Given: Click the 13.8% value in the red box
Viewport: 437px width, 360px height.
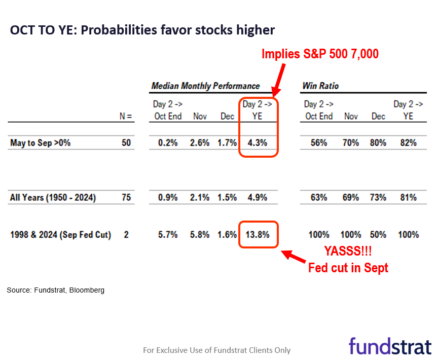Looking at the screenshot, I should tap(258, 235).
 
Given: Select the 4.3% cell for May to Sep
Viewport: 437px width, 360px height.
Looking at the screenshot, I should tap(257, 143).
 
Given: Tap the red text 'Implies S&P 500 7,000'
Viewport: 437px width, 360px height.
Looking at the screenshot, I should tap(320, 54).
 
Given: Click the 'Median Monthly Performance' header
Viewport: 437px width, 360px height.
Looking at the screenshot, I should tap(205, 86).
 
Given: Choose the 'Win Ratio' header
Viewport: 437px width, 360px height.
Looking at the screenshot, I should tap(320, 86).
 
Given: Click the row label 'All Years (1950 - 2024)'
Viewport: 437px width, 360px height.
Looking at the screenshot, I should tap(53, 197).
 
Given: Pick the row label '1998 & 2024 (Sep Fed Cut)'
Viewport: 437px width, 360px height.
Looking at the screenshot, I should tap(60, 235).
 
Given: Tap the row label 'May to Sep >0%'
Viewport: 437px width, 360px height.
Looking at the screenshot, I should tap(40, 143).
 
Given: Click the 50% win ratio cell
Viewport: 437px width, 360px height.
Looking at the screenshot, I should tap(378, 235).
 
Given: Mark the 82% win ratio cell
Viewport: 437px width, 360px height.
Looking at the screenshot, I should tap(408, 143).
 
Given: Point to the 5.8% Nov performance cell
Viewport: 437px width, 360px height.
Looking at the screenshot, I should tap(199, 235).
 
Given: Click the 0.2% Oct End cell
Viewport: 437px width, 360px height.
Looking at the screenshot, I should tap(167, 143).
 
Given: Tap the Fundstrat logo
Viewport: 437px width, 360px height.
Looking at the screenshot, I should tap(390, 346).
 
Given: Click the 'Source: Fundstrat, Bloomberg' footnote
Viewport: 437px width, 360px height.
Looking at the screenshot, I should tap(56, 291).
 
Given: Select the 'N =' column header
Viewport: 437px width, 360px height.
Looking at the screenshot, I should tap(125, 116).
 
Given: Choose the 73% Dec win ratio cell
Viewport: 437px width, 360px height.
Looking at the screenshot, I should tap(378, 197).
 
